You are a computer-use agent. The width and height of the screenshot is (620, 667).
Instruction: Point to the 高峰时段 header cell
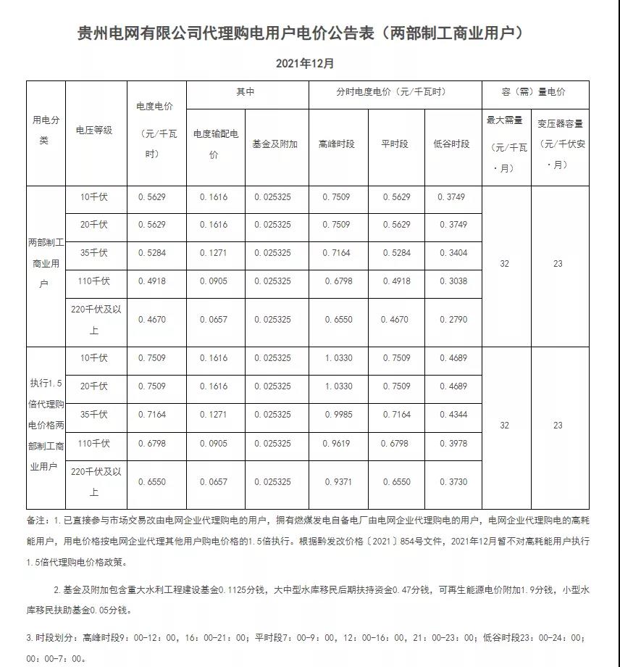[x=337, y=144]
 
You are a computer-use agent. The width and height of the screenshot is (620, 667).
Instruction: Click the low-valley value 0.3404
[x=453, y=253]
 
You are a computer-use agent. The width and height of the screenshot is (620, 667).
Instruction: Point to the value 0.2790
[x=453, y=319]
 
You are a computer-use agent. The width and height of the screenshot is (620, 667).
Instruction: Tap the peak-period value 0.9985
[x=338, y=415]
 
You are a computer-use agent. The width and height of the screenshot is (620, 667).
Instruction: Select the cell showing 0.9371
[x=338, y=482]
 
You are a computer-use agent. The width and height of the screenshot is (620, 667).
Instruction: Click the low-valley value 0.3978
[x=453, y=444]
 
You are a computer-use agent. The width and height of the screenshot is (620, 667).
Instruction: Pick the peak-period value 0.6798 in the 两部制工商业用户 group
[x=338, y=281]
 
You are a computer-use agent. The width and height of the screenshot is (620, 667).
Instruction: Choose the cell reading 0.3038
[x=453, y=281]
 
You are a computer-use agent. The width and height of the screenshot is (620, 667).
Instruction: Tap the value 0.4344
[x=453, y=415]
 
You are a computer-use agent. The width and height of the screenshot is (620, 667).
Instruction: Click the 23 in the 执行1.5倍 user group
[x=558, y=426]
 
